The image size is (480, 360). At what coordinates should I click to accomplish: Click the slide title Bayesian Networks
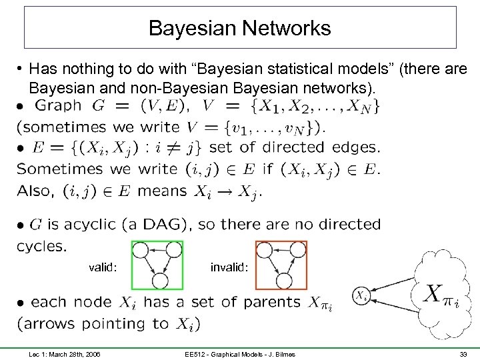(239, 28)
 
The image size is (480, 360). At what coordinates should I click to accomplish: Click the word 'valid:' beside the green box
(103, 268)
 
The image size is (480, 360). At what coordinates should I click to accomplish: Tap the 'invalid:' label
(229, 268)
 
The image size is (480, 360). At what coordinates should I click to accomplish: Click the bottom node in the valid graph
(159, 280)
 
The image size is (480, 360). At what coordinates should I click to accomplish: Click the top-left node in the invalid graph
(264, 250)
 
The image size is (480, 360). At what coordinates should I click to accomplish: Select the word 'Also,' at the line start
(35, 191)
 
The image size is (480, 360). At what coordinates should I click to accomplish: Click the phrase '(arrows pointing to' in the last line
(95, 324)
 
